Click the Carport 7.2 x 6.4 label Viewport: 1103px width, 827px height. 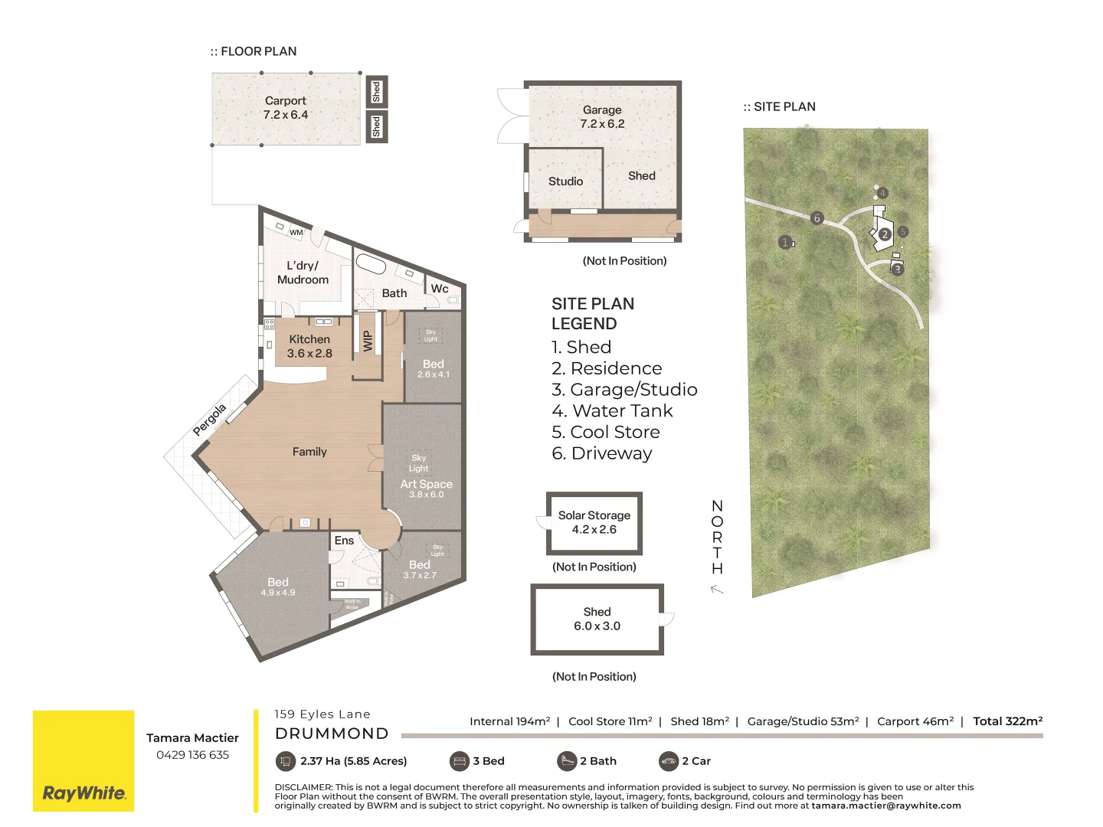(285, 108)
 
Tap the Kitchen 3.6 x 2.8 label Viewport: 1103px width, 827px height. (309, 346)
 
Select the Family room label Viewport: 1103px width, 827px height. (309, 452)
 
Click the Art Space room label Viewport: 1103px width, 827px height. (426, 485)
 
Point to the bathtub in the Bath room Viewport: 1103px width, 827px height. (371, 264)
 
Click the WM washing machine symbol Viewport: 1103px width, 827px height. (296, 232)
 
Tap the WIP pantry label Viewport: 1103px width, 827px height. (368, 340)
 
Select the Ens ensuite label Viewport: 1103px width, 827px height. (344, 541)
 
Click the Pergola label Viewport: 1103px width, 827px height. (209, 420)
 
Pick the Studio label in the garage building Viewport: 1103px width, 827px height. (565, 181)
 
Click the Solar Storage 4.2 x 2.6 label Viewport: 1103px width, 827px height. (594, 522)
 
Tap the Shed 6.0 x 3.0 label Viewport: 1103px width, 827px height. (597, 619)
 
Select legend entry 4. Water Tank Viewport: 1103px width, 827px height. (612, 411)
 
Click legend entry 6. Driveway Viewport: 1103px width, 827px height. (602, 453)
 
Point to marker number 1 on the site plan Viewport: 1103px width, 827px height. (784, 242)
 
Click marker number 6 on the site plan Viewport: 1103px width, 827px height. (817, 218)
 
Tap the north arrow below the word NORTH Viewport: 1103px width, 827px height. (717, 589)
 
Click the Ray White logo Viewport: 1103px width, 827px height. (83, 761)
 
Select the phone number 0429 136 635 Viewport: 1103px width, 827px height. (192, 755)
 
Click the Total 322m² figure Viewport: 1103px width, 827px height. (1007, 721)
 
